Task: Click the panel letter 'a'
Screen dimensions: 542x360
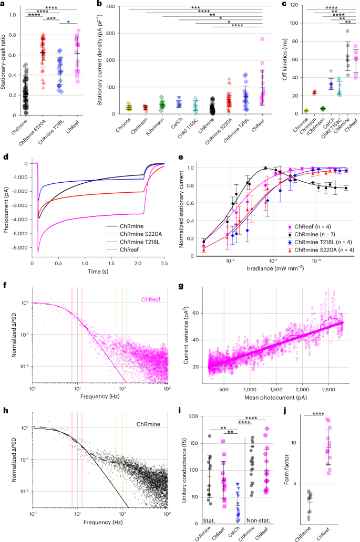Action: click(4, 4)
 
